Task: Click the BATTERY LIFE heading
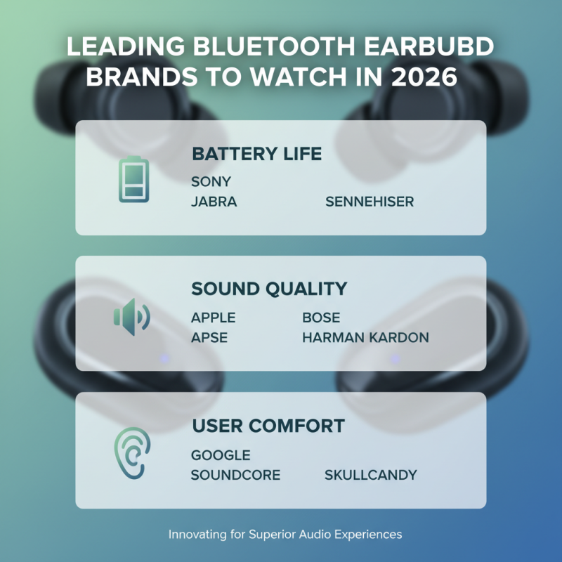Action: [256, 154]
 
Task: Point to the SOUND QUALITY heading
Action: [269, 289]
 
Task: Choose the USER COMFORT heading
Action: [268, 425]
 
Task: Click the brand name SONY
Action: [211, 182]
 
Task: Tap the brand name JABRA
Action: [214, 202]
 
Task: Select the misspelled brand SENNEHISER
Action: [370, 202]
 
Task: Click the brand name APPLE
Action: [213, 318]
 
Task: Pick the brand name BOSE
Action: [321, 318]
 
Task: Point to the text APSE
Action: [209, 338]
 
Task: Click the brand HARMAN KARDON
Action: [365, 338]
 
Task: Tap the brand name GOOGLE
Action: [221, 455]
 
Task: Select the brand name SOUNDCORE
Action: [235, 476]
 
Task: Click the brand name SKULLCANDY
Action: [370, 476]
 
